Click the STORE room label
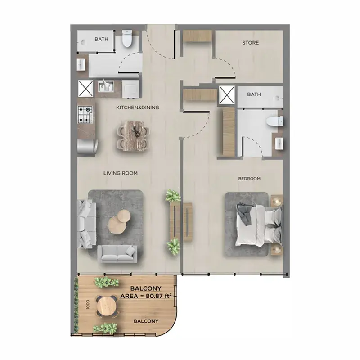251,43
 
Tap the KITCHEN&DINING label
138,108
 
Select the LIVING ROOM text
121,173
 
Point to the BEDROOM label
249,178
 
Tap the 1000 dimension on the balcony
88,305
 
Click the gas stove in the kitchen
85,114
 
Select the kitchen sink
106,86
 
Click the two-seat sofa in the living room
117,254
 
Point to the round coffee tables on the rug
119,221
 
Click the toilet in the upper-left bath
127,38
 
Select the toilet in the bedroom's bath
275,121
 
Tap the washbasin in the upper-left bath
81,64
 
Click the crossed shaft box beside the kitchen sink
85,88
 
